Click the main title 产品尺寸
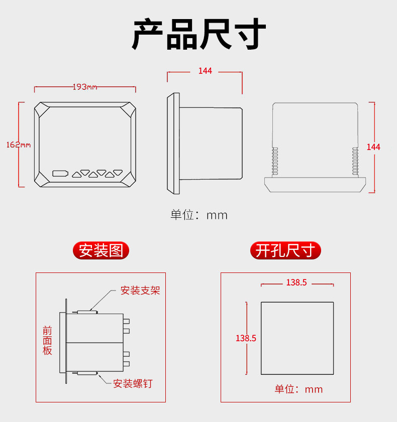click(x=198, y=34)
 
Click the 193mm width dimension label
click(x=85, y=87)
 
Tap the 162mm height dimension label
click(x=19, y=145)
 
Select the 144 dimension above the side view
click(x=205, y=71)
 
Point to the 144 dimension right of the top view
click(x=373, y=147)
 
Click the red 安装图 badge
click(x=101, y=250)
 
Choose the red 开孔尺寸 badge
click(x=285, y=250)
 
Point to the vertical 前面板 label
click(x=47, y=340)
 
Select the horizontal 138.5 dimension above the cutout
click(x=296, y=283)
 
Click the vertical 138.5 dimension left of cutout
click(x=246, y=338)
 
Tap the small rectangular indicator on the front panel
click(x=60, y=174)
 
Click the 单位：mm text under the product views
click(x=199, y=215)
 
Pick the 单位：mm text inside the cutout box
click(x=299, y=389)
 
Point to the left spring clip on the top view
click(x=274, y=162)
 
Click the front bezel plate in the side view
click(x=174, y=144)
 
